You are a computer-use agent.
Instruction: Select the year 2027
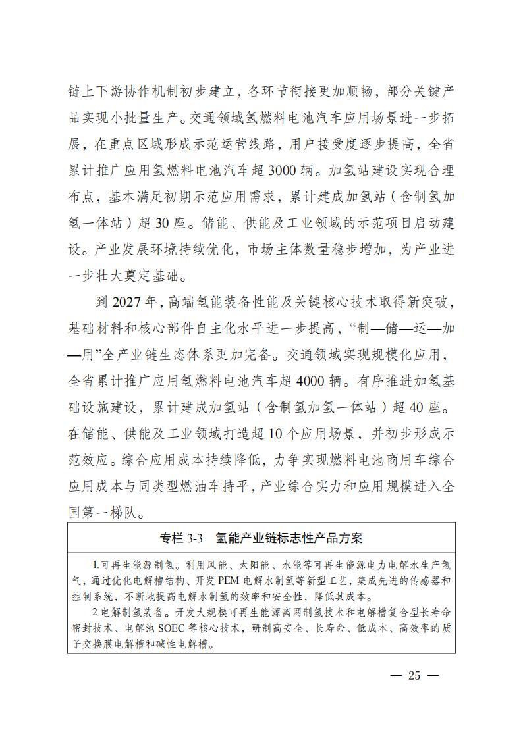(130, 302)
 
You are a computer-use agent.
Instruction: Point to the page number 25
(414, 675)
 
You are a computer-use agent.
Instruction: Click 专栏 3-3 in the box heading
(182, 538)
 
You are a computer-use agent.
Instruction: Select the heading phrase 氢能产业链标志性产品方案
(289, 538)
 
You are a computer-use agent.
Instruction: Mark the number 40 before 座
(419, 407)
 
